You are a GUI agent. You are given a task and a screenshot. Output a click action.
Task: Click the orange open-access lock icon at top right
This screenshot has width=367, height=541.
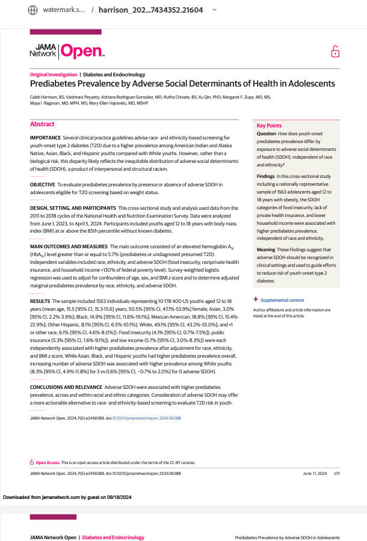click(335, 52)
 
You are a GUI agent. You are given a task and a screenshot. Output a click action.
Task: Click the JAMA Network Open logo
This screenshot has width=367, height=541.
click(67, 52)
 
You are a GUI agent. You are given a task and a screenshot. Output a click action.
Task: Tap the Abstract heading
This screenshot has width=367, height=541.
click(42, 124)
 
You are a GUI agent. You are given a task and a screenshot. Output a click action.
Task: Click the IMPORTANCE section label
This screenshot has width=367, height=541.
click(45, 139)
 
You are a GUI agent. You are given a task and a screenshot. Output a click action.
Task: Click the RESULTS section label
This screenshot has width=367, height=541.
click(40, 301)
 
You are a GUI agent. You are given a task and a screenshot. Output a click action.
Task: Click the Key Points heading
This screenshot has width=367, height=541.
click(269, 125)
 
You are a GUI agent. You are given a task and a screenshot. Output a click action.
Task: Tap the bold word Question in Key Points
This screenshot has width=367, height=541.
click(267, 133)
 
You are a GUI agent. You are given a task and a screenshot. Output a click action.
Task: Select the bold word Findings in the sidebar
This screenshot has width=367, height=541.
click(267, 176)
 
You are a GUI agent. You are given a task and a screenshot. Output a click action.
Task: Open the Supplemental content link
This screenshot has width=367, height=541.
click(283, 300)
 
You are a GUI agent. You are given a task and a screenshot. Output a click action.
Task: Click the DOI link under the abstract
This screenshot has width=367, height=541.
click(147, 418)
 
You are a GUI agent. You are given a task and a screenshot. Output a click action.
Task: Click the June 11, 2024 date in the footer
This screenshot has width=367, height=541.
click(315, 473)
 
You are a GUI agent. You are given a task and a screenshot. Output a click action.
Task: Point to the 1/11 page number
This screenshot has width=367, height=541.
click(337, 473)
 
